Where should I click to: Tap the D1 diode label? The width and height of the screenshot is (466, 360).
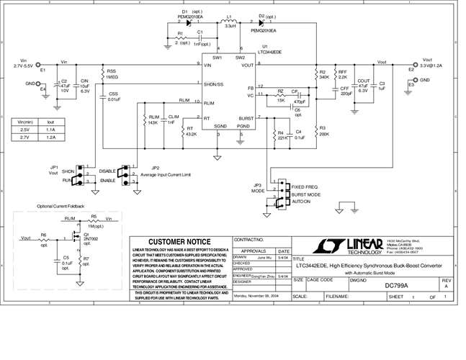(x=185, y=12)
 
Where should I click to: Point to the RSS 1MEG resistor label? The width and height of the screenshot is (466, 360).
(x=112, y=75)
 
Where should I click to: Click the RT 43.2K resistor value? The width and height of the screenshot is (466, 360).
(x=191, y=135)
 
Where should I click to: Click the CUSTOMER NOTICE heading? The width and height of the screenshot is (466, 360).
(x=180, y=242)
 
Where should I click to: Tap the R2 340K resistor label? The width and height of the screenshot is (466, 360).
(x=324, y=75)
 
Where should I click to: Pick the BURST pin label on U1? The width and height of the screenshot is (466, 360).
(x=246, y=117)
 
